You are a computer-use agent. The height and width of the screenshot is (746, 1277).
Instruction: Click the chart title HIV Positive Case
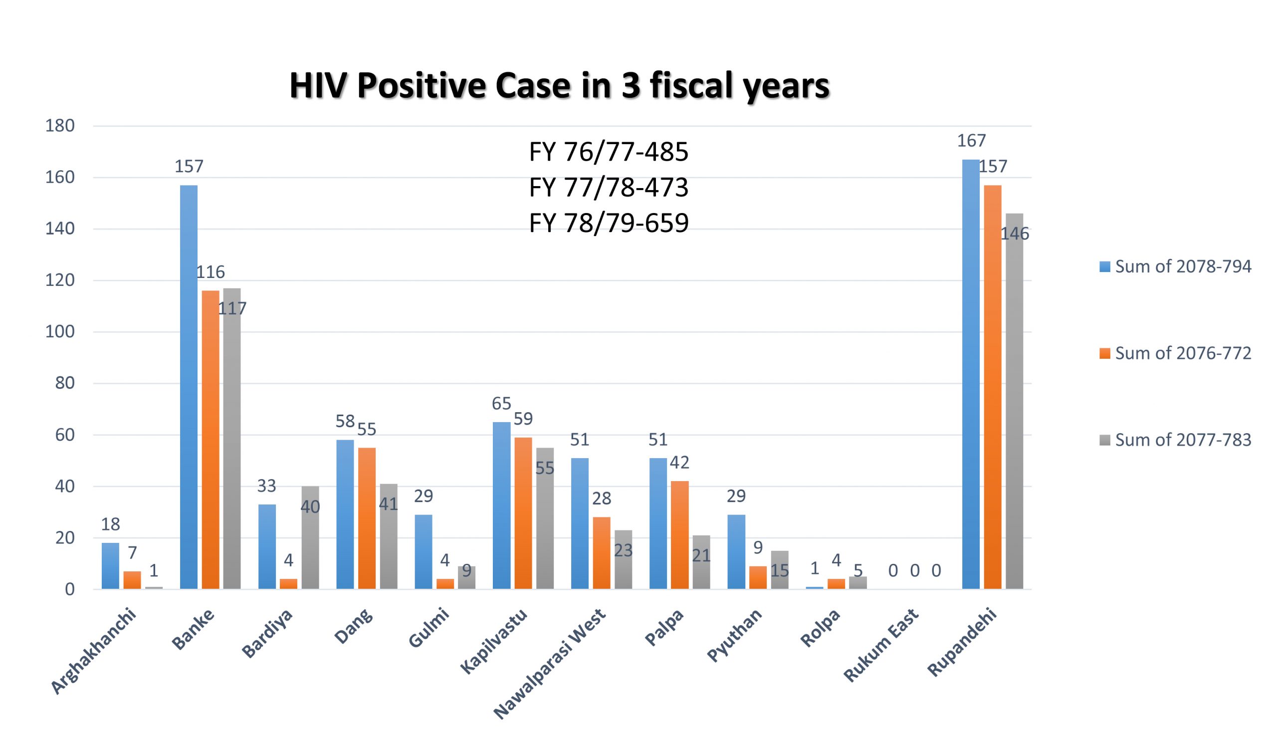559,86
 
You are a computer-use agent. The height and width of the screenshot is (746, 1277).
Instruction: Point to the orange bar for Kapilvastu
523,513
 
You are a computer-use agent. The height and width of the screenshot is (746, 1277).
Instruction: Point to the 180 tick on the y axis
60,126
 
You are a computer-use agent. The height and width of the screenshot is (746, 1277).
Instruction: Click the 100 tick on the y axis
60,332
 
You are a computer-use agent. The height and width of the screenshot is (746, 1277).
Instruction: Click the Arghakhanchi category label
94,651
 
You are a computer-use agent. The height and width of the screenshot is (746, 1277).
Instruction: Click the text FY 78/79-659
608,223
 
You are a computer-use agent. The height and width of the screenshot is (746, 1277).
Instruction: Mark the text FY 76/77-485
608,152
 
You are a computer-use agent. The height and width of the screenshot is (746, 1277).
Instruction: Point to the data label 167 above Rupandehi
971,141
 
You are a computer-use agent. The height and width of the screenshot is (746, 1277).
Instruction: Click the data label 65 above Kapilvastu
501,403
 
